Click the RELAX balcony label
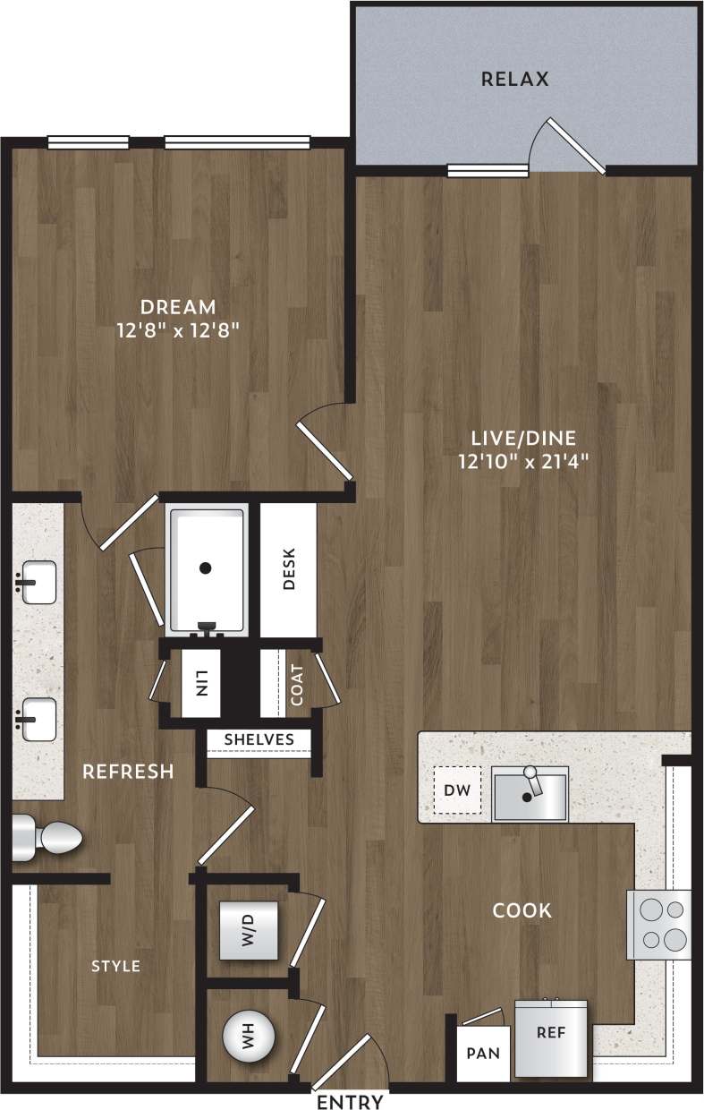pos(514,79)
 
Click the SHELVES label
pos(259,739)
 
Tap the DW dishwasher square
pos(457,791)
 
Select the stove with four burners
pos(659,925)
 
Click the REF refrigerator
pos(551,1037)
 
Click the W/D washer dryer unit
pos(249,932)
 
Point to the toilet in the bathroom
pos(49,838)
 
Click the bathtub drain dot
pos(206,568)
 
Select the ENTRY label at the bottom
pos(351,1101)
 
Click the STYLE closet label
pos(116,966)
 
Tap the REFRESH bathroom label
pos(128,772)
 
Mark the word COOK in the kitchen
pos(522,911)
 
